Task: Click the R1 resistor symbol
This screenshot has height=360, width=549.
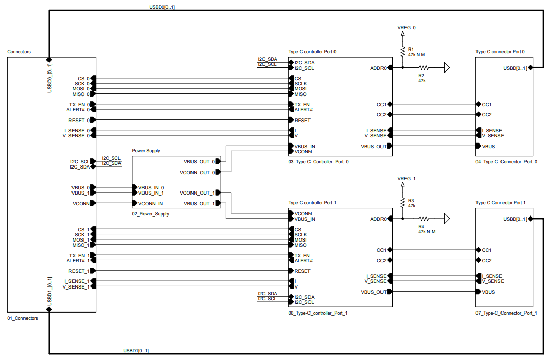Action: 403,52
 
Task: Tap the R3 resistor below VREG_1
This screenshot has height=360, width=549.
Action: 403,203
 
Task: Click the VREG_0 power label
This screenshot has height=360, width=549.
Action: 407,27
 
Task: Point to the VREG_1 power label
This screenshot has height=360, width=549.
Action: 407,179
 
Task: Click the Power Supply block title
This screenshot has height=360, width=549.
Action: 146,151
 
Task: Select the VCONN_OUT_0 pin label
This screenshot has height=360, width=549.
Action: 197,173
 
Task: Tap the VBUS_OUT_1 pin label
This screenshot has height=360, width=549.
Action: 199,204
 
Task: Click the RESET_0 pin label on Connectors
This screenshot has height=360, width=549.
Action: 79,121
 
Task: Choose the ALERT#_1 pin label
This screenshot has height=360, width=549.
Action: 78,261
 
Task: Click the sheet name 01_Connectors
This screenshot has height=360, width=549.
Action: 22,318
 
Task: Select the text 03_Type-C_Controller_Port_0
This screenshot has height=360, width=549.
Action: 318,162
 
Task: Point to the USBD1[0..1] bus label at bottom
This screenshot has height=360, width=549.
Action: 136,351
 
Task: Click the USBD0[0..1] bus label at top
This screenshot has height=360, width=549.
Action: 162,7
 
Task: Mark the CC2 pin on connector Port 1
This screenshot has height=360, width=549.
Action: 486,261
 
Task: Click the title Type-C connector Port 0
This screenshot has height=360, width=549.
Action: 500,52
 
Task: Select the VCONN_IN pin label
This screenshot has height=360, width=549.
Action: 151,204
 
